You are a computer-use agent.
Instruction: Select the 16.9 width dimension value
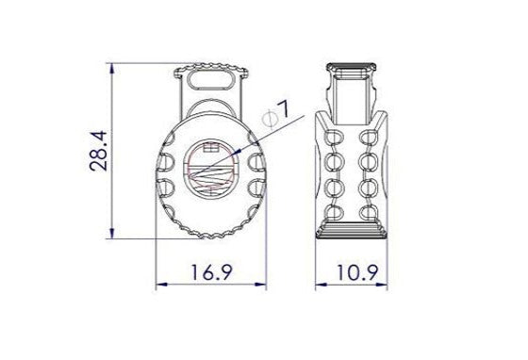coord(211,273)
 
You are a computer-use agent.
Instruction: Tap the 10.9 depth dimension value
coord(359,273)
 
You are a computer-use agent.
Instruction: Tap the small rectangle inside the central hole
coord(211,147)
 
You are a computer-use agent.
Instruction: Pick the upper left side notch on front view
coord(168,162)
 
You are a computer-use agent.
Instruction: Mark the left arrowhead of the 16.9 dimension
coord(159,286)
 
